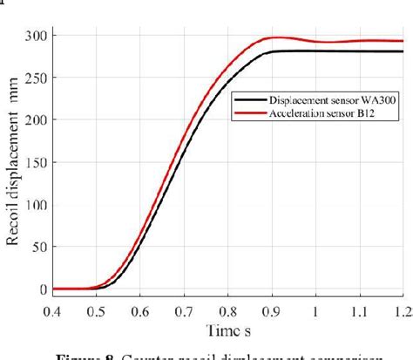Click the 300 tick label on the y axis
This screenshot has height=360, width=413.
(x=37, y=37)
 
